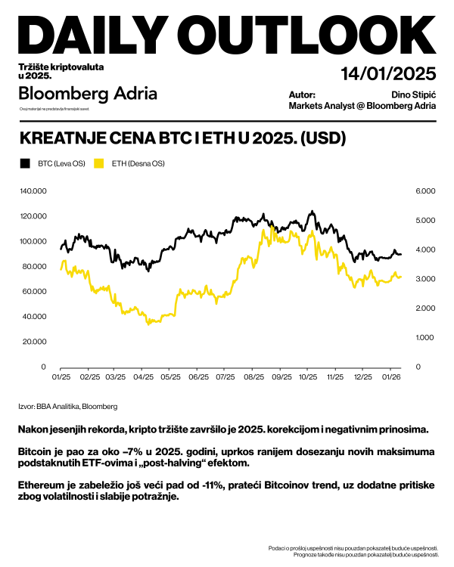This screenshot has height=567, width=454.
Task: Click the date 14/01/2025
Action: [388, 74]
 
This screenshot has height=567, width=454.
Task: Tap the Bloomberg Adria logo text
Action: [88, 94]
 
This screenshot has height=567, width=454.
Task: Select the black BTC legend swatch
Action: [25, 163]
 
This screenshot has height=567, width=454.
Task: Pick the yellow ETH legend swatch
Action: [99, 163]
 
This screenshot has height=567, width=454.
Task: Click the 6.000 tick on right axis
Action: [425, 191]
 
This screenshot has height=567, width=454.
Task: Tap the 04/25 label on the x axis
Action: [143, 376]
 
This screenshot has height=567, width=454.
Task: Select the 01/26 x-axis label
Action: [390, 376]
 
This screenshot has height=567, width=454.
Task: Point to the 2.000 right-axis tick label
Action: [425, 308]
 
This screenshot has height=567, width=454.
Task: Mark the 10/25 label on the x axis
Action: [308, 376]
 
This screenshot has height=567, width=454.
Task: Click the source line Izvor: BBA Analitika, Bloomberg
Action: [67, 407]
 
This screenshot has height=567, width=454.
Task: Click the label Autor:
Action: [302, 94]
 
